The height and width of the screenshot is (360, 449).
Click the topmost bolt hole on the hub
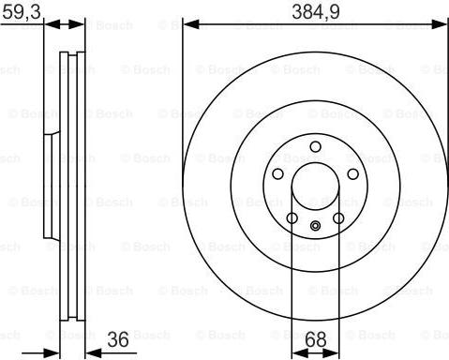tap(315, 145)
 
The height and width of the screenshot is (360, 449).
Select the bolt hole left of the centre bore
tap(277, 174)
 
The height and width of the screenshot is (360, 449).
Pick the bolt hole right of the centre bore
tap(353, 174)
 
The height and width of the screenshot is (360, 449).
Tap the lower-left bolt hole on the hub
tap(292, 218)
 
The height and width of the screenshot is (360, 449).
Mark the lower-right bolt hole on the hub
tap(338, 218)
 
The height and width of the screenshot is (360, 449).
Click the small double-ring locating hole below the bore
tap(315, 224)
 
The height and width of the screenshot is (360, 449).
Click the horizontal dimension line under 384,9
tap(315, 24)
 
